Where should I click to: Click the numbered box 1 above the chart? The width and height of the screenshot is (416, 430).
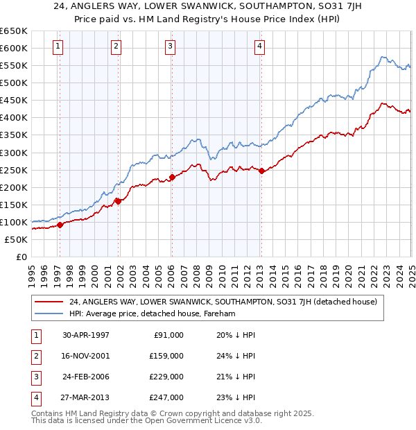tap(57, 46)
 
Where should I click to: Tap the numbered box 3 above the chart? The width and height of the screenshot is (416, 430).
tap(170, 46)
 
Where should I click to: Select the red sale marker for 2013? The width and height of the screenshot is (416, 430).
tap(261, 171)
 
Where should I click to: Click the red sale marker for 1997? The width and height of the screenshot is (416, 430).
tap(60, 225)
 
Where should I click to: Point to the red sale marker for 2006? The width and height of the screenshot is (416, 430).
tap(172, 178)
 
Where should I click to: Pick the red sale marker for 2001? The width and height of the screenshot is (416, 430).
tap(118, 201)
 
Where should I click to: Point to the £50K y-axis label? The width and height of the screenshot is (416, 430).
tap(17, 239)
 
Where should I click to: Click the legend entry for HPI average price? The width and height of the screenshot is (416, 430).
tap(153, 314)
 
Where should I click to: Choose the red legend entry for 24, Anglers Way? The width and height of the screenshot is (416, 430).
tap(223, 302)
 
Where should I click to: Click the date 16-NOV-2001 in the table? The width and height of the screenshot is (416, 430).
tap(86, 356)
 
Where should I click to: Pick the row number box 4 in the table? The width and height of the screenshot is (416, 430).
tap(35, 397)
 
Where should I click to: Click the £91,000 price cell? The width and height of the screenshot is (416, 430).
tap(166, 335)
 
